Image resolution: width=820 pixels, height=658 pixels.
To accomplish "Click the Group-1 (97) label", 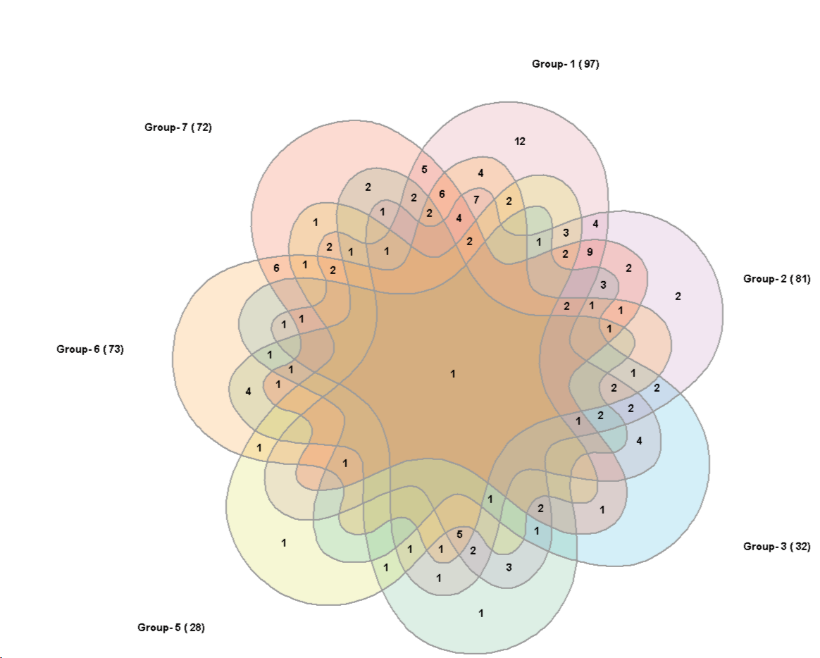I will [x=565, y=64].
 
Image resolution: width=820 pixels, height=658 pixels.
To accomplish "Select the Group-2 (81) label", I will [x=776, y=279].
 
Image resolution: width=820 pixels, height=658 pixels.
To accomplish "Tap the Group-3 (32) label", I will [x=776, y=547].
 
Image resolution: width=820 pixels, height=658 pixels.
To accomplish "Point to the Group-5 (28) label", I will [x=170, y=628].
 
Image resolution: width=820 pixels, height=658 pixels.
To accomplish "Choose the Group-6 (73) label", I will [x=90, y=349].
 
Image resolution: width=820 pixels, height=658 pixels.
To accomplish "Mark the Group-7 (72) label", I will [x=178, y=128].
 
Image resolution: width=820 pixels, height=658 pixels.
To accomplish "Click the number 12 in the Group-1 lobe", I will [x=520, y=142].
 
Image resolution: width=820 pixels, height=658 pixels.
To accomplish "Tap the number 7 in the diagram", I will [x=476, y=199].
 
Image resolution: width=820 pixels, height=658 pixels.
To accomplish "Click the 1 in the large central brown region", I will [x=453, y=373].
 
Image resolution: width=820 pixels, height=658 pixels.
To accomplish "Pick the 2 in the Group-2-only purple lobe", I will [x=678, y=297].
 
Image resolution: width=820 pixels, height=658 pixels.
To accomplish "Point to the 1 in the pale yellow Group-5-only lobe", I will [x=284, y=542].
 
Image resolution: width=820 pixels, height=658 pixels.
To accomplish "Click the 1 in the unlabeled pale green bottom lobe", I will [x=481, y=613].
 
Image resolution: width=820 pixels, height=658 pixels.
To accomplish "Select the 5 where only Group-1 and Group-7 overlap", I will [x=424, y=169].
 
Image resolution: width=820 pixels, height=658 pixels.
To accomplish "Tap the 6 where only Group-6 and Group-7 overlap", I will [x=276, y=268].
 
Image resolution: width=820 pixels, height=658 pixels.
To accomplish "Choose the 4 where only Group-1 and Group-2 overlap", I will [x=595, y=225].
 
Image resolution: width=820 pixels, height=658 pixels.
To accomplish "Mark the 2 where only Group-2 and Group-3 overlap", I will [x=657, y=387].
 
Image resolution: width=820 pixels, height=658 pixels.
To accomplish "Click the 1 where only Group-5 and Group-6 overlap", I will [x=259, y=447].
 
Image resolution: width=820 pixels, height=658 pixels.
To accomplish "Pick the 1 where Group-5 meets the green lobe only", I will [x=385, y=566].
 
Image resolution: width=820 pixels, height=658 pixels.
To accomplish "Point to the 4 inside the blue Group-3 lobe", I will [x=639, y=441].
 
